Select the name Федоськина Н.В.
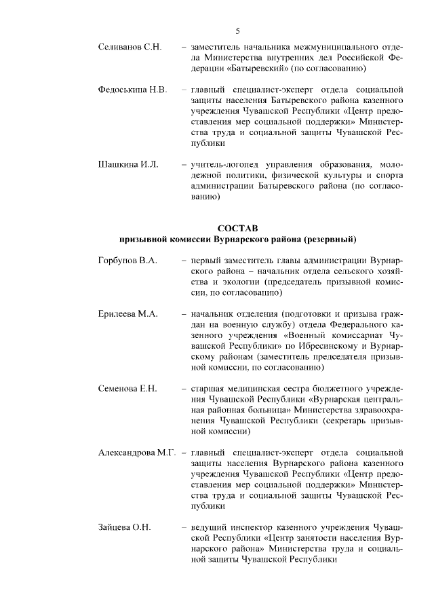[x=132, y=90]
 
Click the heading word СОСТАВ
[x=238, y=228]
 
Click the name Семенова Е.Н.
[x=127, y=389]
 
